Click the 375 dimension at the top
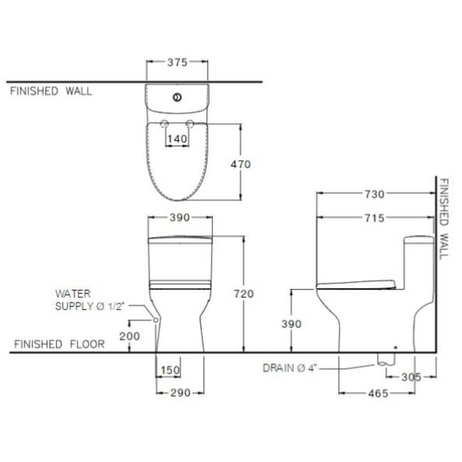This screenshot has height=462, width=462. (x=178, y=62)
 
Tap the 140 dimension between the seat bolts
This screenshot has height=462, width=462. (x=177, y=139)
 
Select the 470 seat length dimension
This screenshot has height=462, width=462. (x=241, y=164)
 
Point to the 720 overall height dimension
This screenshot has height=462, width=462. (x=244, y=294)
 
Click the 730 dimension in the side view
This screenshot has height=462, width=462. (x=374, y=194)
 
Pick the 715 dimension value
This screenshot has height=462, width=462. (x=374, y=218)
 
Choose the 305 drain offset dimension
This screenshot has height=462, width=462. (x=411, y=377)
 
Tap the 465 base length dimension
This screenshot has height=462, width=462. (x=378, y=393)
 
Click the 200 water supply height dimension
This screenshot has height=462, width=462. (x=129, y=336)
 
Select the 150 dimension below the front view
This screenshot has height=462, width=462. (x=171, y=370)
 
